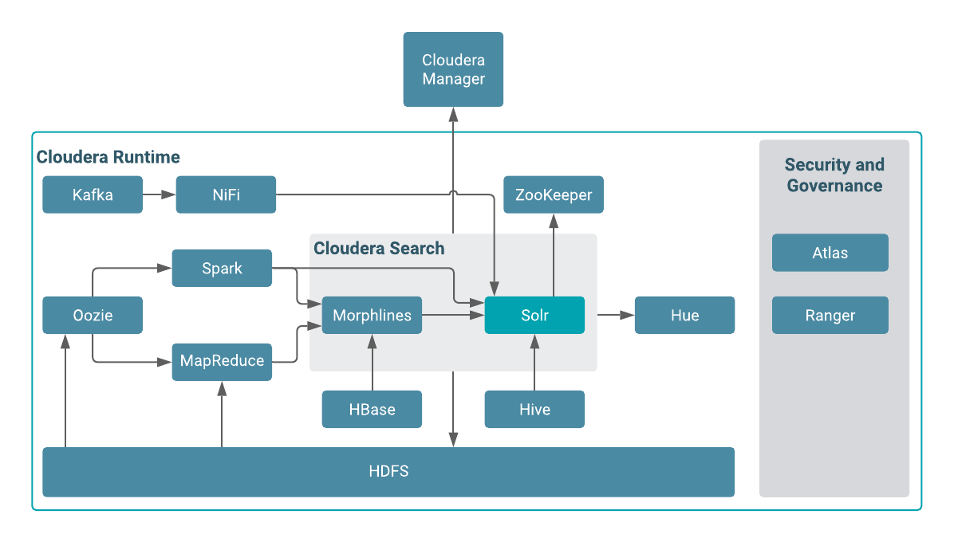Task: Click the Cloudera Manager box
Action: [453, 69]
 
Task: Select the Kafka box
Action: [93, 194]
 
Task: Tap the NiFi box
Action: [226, 194]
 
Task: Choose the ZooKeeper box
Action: [554, 194]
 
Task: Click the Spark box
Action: [222, 269]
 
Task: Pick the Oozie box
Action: [93, 315]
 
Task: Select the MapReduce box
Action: [222, 361]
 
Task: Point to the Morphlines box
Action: [372, 315]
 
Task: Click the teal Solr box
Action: [534, 315]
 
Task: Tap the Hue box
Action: [684, 315]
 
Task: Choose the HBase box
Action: [372, 409]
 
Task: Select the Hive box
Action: [534, 409]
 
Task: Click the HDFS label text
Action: [388, 471]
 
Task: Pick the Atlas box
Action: [830, 253]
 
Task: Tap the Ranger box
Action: [830, 315]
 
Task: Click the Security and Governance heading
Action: [834, 175]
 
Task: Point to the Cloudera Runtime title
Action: [108, 157]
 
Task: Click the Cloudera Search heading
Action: [379, 248]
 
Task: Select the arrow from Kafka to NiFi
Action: [160, 194]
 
